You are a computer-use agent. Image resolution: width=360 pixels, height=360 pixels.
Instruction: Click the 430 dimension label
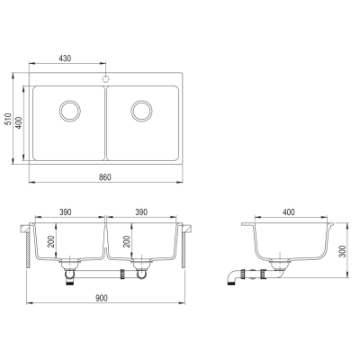tap(65, 58)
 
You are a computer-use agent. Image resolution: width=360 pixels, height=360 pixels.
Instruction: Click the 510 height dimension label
tap(8, 119)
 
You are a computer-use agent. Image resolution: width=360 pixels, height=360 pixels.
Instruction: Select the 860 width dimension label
tap(105, 177)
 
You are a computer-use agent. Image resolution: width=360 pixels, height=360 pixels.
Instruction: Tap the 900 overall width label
tap(102, 298)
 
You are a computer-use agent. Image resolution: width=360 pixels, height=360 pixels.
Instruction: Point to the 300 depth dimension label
tap(343, 251)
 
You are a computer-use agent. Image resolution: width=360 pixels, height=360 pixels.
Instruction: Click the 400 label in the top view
tap(19, 122)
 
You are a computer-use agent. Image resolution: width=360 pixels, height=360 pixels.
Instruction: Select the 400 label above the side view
tap(289, 211)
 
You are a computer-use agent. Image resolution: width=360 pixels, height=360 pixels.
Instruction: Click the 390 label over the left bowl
tap(65, 211)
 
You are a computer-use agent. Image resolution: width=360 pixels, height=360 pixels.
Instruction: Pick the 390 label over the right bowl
tap(141, 211)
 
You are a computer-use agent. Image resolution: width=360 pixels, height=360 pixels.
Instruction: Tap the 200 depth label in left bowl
tap(51, 241)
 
